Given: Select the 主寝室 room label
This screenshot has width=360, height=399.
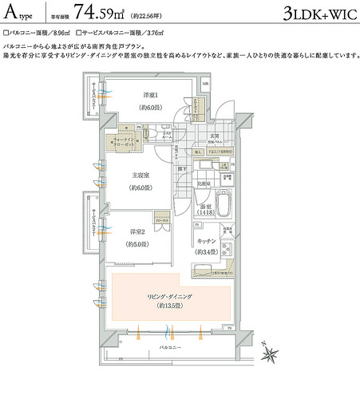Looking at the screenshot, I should pos(141,176).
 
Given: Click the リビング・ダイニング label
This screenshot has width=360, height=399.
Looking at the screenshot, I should pos(171,296).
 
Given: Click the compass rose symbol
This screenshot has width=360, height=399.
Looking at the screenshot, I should pos(271,351).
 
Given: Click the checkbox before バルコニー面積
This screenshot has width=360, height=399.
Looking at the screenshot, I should pos(6,34).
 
